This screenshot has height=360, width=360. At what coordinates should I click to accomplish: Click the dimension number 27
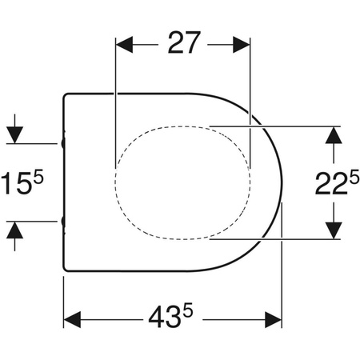point(184,42)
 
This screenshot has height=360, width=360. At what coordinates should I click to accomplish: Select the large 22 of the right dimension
point(331,184)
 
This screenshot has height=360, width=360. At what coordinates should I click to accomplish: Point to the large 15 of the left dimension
point(16,183)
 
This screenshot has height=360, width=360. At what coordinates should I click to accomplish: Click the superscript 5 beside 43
point(188,311)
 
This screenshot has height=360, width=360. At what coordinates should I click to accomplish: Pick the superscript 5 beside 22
point(354,178)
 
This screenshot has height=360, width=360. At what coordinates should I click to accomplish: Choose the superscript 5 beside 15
point(38,177)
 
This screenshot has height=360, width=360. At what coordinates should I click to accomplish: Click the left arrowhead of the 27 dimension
point(125,45)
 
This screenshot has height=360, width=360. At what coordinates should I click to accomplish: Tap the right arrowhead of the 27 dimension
point(242,45)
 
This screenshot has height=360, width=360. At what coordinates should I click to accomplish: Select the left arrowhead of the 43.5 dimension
point(72,319)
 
